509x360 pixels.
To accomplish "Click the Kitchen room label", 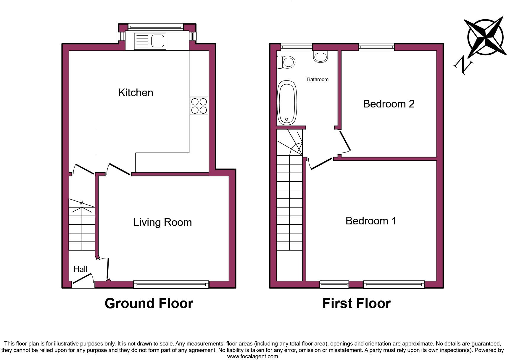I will point(136,93).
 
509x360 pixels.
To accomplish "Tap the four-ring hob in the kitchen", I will point(199,106).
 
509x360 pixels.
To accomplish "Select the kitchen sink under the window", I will point(150,41).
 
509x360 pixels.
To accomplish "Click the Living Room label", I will point(162,222).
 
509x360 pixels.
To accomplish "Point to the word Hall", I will point(80,269).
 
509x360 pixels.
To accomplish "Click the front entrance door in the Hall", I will point(83,279).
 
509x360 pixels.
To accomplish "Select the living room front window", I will point(171,285).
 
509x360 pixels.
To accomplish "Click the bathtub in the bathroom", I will point(287,102).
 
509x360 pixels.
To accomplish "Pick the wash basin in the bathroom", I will point(320,56).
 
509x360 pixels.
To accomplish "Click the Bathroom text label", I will point(318,79).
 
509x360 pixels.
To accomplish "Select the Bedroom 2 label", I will point(389,104).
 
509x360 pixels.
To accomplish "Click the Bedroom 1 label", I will point(371,221).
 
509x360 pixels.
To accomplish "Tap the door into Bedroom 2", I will point(345,142).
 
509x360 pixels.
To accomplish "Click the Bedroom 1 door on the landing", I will point(321,163).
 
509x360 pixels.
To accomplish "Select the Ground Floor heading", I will point(149,303).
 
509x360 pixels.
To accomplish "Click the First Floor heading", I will point(356,303).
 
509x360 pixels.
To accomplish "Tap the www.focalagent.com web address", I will point(252,356).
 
